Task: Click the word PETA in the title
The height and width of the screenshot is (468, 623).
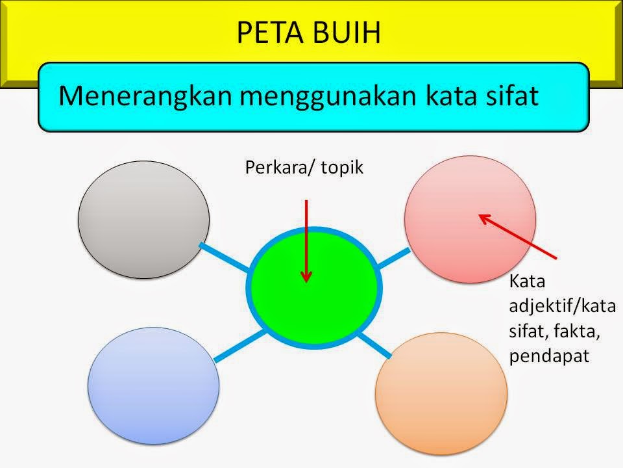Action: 269,32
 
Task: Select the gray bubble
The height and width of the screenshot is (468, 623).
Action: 143,220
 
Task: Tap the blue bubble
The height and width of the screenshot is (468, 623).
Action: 153,385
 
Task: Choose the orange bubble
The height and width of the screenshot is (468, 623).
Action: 441,388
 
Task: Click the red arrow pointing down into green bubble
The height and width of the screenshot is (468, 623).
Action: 306,240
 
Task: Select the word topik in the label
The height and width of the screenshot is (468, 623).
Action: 341,168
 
